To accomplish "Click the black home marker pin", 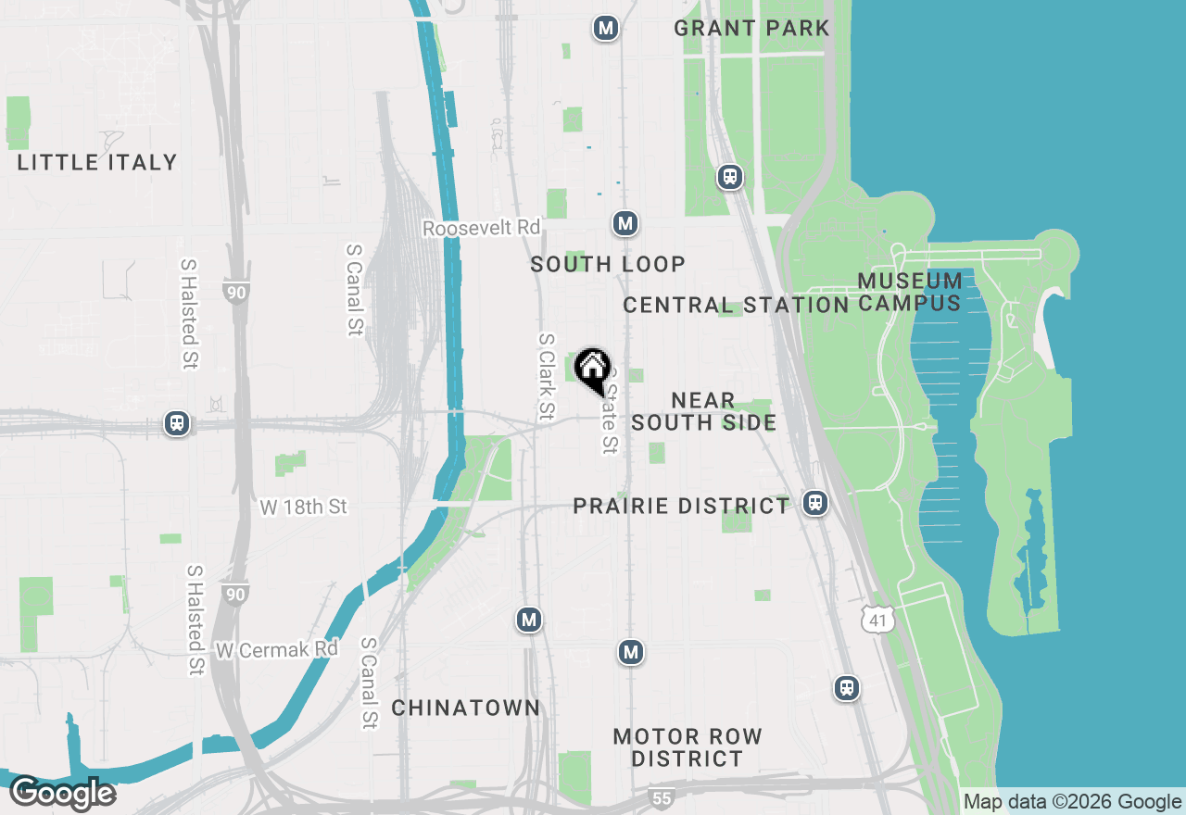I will [592, 370].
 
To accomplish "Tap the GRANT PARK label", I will [751, 28].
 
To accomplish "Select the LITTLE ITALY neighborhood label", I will [97, 162].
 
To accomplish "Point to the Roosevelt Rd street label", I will [481, 228].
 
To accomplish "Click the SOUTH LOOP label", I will [608, 264].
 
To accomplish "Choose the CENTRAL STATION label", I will [736, 305].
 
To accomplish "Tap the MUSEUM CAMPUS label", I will [909, 292].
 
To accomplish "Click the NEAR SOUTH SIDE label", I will [703, 411].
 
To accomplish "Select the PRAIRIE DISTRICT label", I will [681, 506].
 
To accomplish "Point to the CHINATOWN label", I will [465, 708].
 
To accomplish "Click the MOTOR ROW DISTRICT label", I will [688, 747].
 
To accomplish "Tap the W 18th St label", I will [303, 507].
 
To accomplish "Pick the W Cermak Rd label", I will [277, 649].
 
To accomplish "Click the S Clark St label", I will [547, 375].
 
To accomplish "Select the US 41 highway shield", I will [877, 619].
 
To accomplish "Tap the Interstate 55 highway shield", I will [660, 797].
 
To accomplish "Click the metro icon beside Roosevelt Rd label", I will [625, 223].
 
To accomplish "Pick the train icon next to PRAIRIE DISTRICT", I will [815, 503].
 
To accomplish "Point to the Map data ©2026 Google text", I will [1072, 802].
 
